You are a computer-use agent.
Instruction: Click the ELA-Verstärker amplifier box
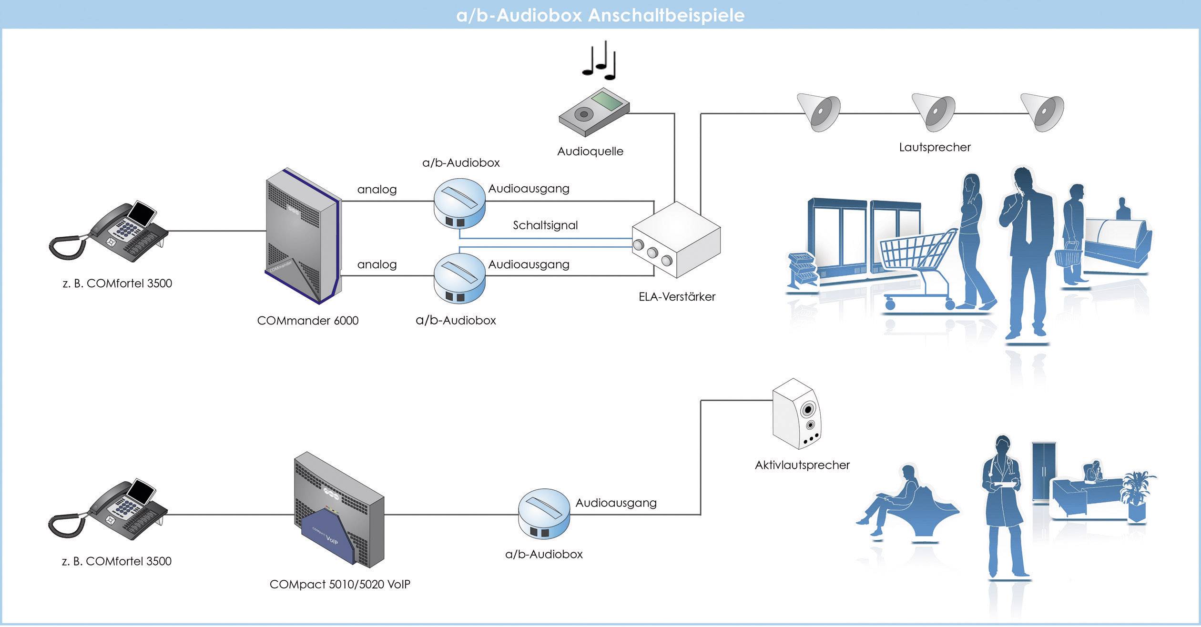[676, 241]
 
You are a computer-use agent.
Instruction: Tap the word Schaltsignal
[545, 225]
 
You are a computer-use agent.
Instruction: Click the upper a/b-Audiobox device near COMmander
[459, 202]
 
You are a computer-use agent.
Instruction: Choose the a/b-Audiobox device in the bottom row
[544, 514]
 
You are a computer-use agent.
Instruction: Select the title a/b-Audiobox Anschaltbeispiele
[600, 15]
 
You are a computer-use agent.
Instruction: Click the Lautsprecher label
[934, 147]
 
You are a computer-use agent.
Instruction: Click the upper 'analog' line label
[377, 190]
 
